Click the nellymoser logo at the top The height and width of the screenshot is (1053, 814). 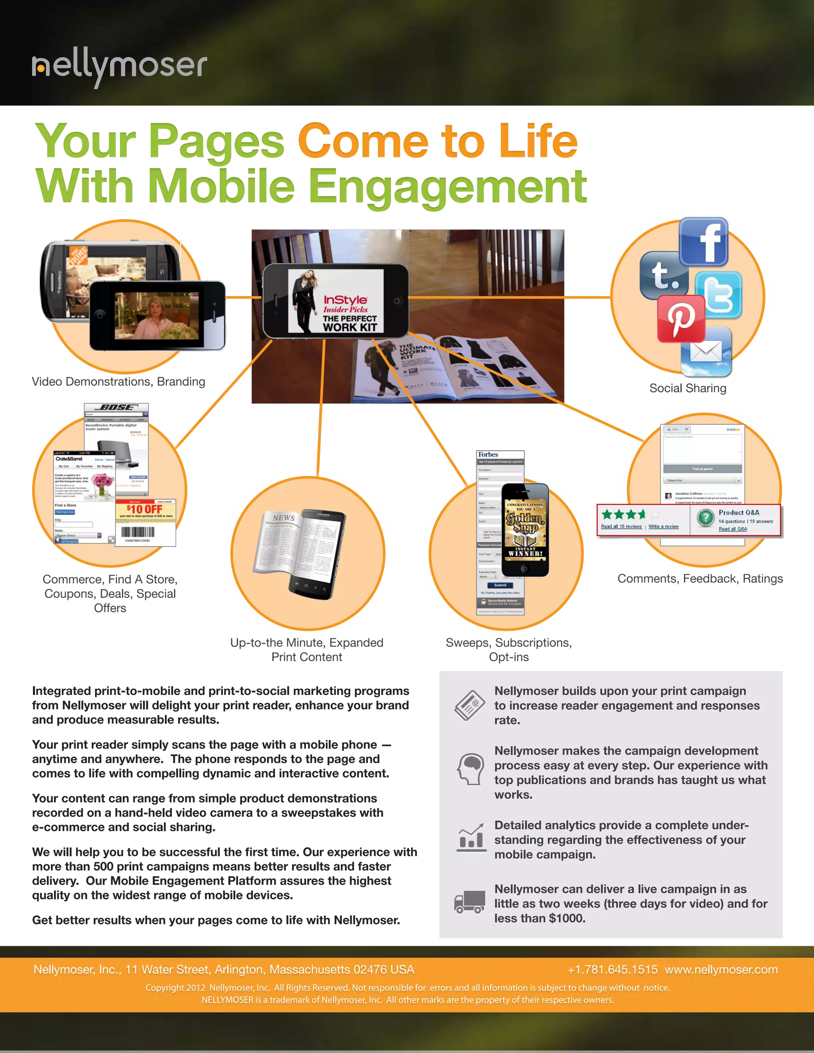coord(120,68)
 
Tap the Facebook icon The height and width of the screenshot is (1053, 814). coord(704,242)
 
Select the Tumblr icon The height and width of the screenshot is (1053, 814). coord(665,275)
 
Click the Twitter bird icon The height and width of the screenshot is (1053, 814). coord(719,294)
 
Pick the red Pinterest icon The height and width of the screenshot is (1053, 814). coord(681,319)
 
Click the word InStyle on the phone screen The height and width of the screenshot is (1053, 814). coord(345,300)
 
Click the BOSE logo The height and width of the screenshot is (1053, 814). coord(116,407)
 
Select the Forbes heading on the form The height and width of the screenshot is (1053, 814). coord(488,454)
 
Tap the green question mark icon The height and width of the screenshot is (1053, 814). coord(705,518)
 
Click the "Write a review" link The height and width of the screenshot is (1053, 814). coord(663,526)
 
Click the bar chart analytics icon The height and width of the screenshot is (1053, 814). coord(471,838)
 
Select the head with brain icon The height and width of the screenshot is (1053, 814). coord(470,768)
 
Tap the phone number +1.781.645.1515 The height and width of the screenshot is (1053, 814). coord(612,970)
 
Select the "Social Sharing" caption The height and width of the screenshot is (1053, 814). coord(688,388)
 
